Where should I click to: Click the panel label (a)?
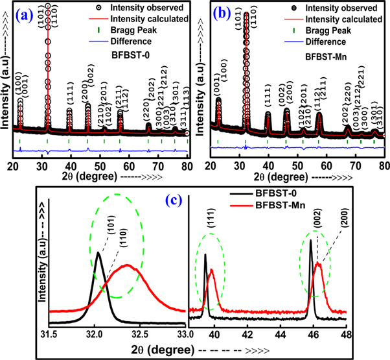pyautogui.click(x=33, y=14)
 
